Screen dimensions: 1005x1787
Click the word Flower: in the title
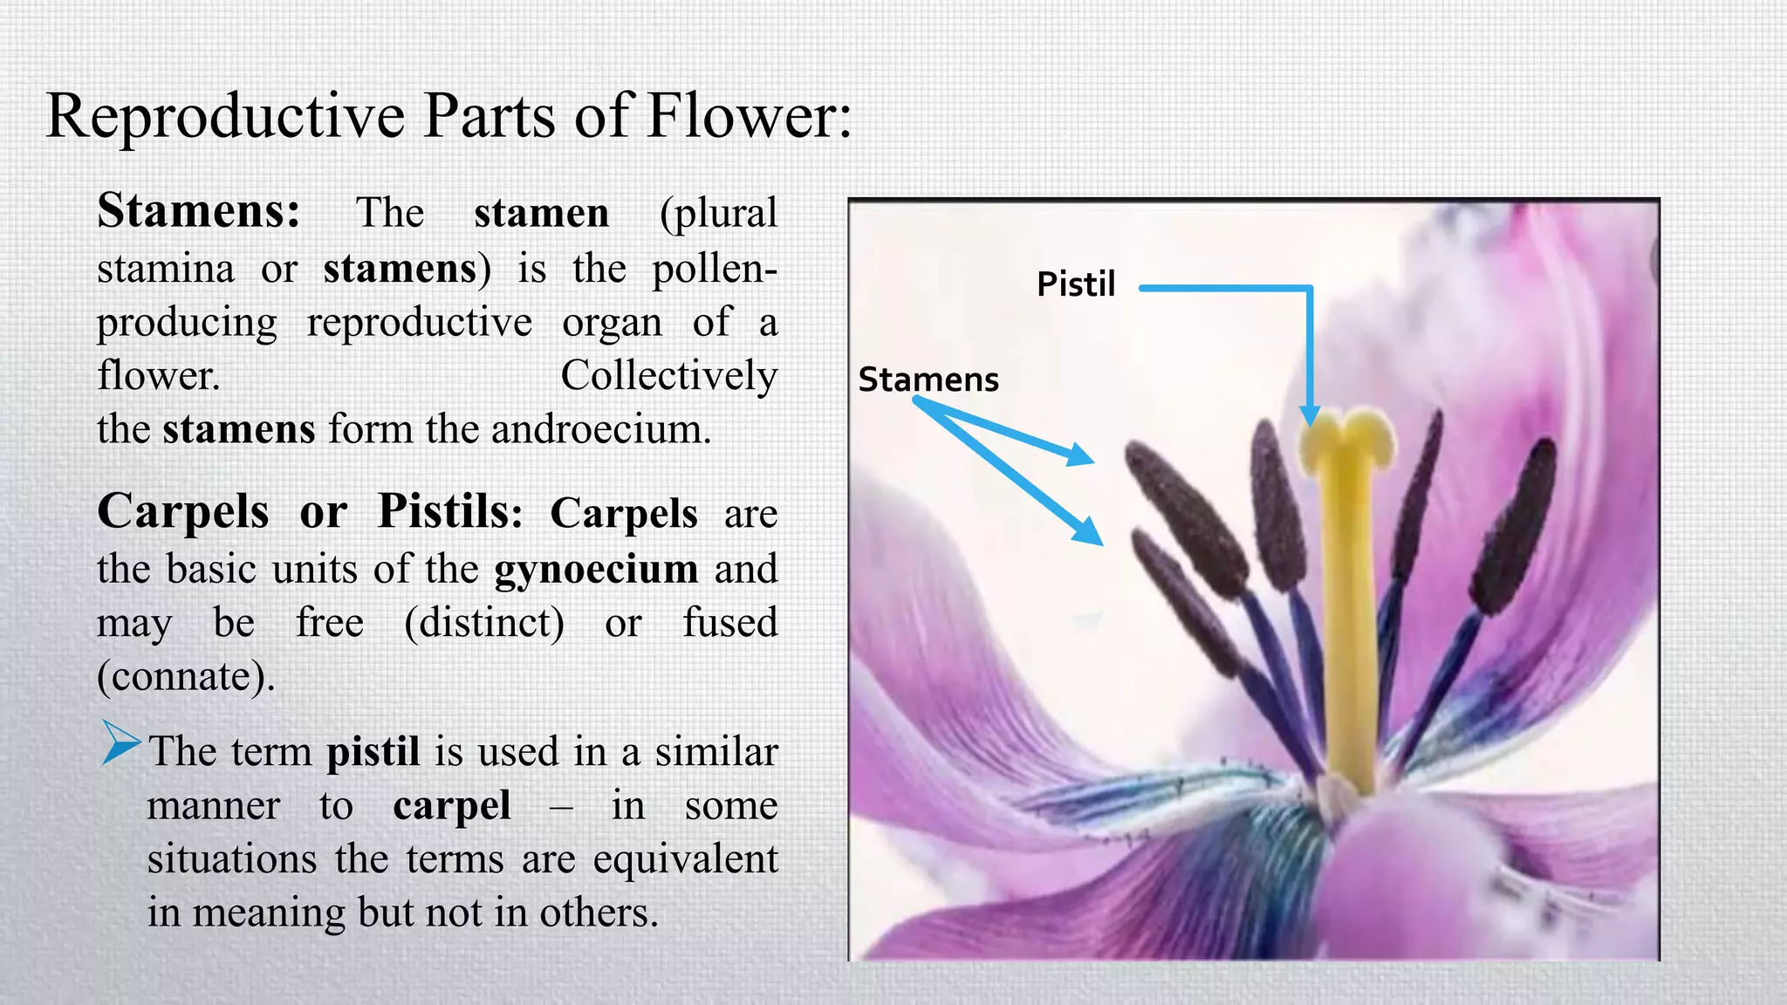[x=748, y=116]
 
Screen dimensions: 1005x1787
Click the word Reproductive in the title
[x=224, y=116]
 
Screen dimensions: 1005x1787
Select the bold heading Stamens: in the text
[x=199, y=211]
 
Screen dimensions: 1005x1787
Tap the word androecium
[x=601, y=429]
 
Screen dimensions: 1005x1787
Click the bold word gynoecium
[x=596, y=569]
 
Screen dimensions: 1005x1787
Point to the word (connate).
[x=186, y=676]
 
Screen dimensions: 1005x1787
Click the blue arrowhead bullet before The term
[x=120, y=742]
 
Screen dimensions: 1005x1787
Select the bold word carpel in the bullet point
[x=452, y=805]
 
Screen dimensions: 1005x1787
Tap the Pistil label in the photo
[x=1075, y=284]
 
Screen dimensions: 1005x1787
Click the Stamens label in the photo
[x=928, y=379]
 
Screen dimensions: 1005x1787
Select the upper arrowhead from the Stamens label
[x=1082, y=455]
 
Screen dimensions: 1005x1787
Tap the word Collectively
[x=668, y=376]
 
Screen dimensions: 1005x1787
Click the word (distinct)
[x=484, y=623]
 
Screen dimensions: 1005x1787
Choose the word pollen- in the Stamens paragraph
[x=714, y=269]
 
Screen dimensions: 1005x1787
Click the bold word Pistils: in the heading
[x=449, y=511]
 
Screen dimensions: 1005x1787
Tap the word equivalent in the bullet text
[x=685, y=859]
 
